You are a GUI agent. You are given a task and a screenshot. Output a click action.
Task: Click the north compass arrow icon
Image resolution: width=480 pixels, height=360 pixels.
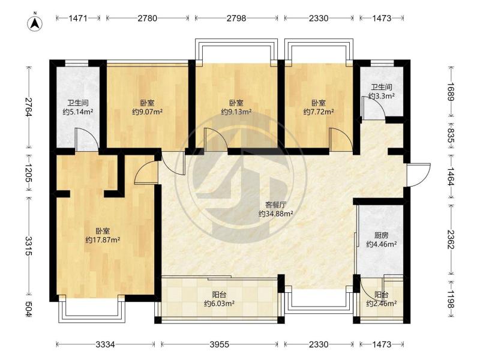pos(35,23)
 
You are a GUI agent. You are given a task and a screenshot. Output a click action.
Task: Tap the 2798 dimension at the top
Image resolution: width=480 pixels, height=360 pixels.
pos(236,19)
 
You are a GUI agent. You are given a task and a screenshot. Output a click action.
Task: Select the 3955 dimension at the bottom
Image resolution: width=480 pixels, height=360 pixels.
pos(219,344)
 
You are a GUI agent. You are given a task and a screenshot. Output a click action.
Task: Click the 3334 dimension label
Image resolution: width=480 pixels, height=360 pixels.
pos(105,344)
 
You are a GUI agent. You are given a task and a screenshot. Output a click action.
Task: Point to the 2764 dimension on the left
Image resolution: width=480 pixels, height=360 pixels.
pos(29,107)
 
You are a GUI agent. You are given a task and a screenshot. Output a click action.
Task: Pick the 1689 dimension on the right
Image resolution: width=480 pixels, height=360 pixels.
pos(451,92)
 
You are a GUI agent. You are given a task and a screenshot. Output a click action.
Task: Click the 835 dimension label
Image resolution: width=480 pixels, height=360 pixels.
pos(451,134)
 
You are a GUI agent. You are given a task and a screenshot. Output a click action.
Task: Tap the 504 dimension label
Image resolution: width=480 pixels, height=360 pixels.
pos(29,309)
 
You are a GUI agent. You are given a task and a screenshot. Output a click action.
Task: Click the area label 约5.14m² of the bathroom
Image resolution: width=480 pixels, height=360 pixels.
pos(78,112)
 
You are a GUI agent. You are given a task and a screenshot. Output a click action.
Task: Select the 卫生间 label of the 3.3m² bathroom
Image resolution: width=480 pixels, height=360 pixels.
pos(382,87)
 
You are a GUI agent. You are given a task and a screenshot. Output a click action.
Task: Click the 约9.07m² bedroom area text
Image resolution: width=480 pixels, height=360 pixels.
pos(147,112)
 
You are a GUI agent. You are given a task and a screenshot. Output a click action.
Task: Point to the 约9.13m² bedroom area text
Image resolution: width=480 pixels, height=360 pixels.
pos(236,112)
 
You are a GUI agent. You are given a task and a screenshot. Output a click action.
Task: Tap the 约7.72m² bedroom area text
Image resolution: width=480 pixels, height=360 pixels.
pos(319,112)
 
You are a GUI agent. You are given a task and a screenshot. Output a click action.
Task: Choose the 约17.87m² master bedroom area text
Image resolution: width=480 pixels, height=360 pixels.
pos(103,241)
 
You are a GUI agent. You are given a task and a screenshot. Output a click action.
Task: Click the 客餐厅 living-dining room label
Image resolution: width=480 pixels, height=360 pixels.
pos(275,205)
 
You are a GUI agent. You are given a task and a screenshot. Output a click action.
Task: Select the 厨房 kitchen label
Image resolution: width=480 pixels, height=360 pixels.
pos(382,235)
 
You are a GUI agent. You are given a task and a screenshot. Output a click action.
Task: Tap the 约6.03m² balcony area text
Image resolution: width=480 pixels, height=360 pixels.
pos(219,304)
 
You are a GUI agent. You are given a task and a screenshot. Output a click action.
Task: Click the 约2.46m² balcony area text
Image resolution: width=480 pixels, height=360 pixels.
pos(382,304)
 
